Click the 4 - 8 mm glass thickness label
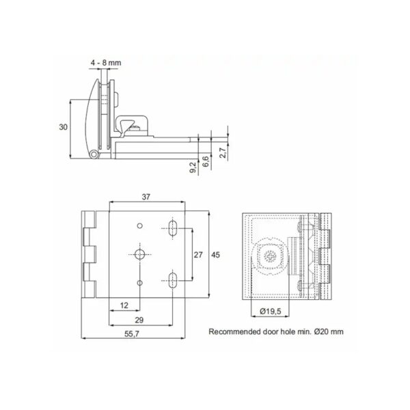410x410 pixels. (106, 63)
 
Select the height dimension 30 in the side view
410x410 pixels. (63, 128)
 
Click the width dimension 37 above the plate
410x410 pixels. (146, 196)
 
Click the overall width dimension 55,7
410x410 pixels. (133, 333)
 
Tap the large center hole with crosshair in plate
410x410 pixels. (139, 254)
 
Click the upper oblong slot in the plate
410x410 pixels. (173, 227)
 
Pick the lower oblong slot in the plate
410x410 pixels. (173, 279)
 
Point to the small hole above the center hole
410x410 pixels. (139, 225)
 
